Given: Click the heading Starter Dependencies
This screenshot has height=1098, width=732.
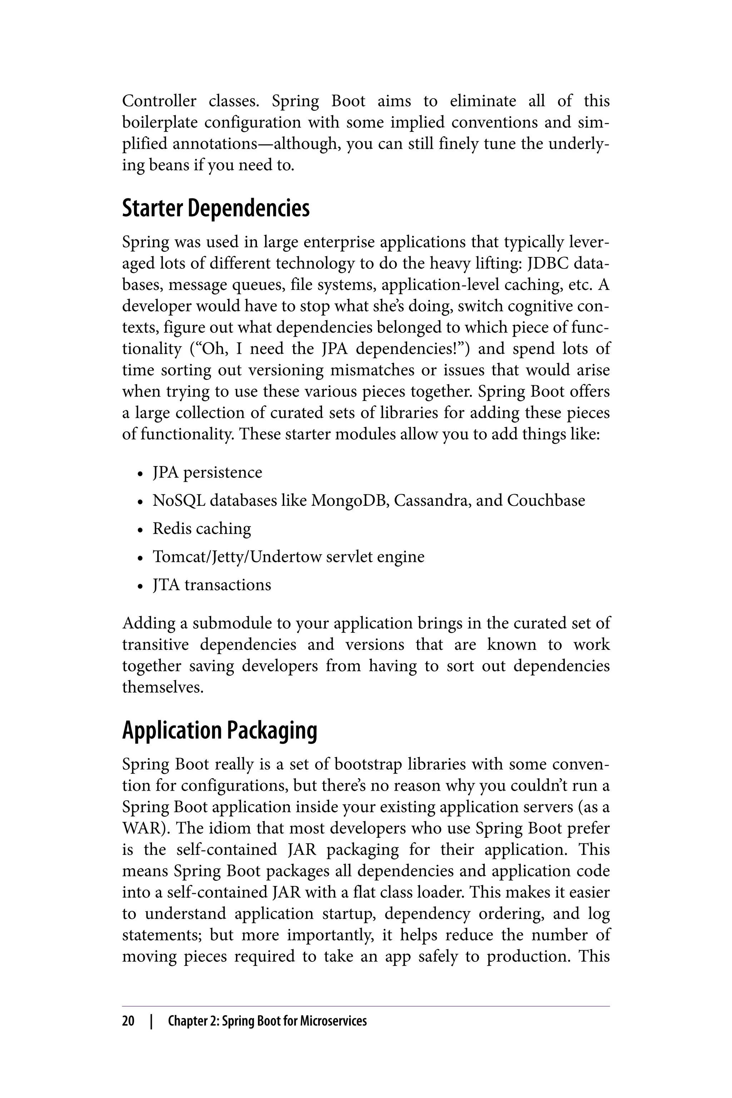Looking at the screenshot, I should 216,208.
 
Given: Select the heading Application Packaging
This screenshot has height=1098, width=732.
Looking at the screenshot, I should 219,731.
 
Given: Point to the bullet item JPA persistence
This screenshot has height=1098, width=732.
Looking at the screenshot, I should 207,473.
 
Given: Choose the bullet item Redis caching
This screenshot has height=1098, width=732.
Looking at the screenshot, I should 202,529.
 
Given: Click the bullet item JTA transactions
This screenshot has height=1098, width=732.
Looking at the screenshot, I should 212,585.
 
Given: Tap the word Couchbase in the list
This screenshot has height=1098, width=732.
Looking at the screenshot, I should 546,500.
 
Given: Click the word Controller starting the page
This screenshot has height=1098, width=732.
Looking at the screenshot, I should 159,101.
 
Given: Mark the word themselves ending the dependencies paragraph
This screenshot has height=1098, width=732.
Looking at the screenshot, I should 163,687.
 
